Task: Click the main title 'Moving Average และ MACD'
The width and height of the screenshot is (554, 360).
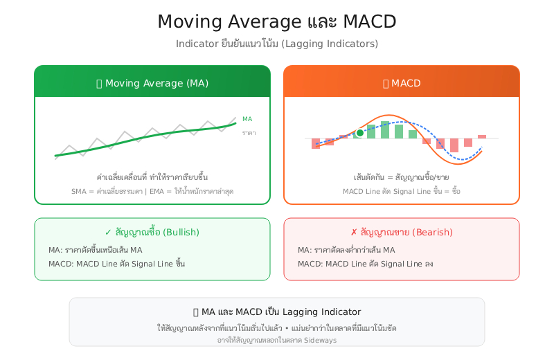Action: point(276,21)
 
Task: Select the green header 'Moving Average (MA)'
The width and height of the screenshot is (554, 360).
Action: point(157,83)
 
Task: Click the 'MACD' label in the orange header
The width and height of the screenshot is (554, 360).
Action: point(406,83)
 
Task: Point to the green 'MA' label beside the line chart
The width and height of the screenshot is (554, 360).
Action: point(247,119)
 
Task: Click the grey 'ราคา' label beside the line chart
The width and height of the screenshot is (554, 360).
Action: point(249,132)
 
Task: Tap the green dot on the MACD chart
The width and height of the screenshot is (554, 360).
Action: point(359,132)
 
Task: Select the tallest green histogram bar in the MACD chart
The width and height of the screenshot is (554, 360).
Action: point(385,129)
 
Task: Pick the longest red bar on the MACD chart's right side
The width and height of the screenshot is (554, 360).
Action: point(454,145)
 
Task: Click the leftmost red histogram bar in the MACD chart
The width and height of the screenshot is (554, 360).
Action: point(316,143)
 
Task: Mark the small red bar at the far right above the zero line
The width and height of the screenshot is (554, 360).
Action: point(482,136)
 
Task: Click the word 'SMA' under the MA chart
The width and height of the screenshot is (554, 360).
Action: point(80,191)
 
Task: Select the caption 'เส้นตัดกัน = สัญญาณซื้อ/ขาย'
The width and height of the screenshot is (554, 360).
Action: point(401,177)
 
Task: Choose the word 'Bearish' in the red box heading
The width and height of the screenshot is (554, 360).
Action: point(434,232)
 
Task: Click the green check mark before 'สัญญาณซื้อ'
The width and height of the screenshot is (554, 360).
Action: point(108,232)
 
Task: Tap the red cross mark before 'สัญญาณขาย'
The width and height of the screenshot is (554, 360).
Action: point(354,232)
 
